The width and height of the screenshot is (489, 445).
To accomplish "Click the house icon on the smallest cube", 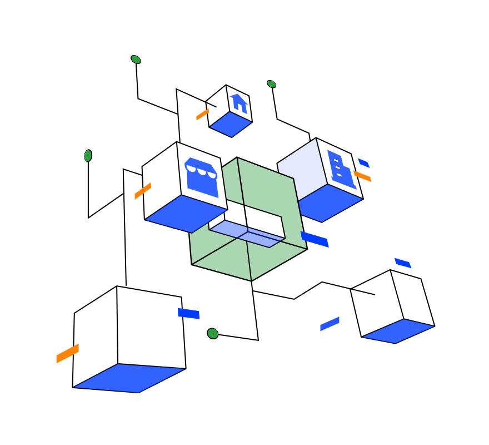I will pyautogui.click(x=239, y=103).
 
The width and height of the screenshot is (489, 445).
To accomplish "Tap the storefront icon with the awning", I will pyautogui.click(x=201, y=176).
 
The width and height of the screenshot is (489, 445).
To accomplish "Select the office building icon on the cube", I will pyautogui.click(x=340, y=169).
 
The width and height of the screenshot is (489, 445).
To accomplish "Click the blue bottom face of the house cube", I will pyautogui.click(x=230, y=124).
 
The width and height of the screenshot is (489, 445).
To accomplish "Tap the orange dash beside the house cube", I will pyautogui.click(x=202, y=115).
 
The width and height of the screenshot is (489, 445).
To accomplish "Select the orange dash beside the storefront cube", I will pyautogui.click(x=142, y=191).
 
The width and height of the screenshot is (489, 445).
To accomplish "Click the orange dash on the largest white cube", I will pyautogui.click(x=67, y=353).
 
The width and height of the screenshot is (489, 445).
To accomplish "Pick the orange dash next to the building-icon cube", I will pyautogui.click(x=362, y=176).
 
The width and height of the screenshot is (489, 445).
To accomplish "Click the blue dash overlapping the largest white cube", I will pyautogui.click(x=188, y=314).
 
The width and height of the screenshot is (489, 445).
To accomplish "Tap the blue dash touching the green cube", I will pyautogui.click(x=315, y=239).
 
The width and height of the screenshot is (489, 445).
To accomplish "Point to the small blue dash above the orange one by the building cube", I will pyautogui.click(x=363, y=163).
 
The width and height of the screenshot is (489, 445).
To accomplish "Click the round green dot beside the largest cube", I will pyautogui.click(x=213, y=333).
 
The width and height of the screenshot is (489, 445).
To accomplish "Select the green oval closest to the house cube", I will pyautogui.click(x=271, y=84).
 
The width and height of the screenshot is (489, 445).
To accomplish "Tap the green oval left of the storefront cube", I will pyautogui.click(x=88, y=156).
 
